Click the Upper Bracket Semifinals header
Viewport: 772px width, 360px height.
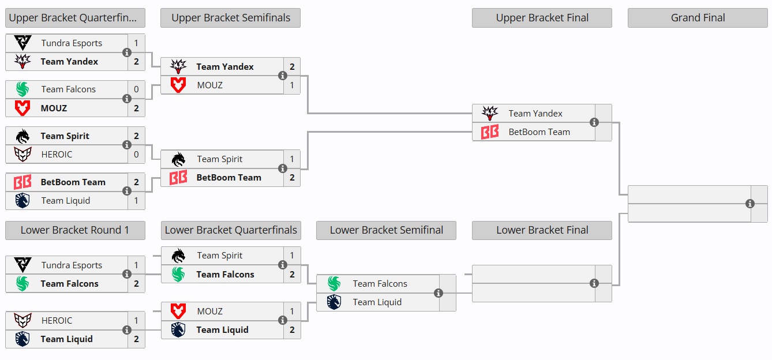coord(230,18)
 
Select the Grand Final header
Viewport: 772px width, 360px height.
coord(698,18)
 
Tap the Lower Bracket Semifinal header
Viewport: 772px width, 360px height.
coord(386,230)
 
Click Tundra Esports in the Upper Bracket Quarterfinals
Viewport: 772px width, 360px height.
coord(72,43)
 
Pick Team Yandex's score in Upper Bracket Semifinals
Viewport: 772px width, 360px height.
coord(292,67)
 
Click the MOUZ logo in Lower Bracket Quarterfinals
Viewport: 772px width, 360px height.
coord(178,312)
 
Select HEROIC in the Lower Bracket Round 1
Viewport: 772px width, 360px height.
coord(57,321)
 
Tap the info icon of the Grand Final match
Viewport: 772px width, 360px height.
coord(750,204)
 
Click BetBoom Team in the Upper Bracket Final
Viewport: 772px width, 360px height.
coord(539,132)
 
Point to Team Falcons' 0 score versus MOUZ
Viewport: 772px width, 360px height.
coord(136,89)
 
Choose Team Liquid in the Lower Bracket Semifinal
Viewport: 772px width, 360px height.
coord(377,302)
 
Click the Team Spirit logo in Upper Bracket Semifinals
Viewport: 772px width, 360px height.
coord(178,159)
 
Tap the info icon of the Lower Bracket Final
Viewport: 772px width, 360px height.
coord(594,283)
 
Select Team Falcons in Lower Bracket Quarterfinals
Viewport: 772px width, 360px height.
coord(225,275)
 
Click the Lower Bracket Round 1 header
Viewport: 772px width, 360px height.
coord(74,230)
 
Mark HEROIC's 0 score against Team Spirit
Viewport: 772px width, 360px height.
coord(136,155)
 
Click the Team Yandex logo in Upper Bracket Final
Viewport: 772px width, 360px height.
coord(490,114)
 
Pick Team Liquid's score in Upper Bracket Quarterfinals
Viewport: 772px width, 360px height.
coord(136,201)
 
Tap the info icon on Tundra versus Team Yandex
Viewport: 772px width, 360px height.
coord(127,52)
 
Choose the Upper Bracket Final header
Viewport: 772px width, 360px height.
coord(542,18)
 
